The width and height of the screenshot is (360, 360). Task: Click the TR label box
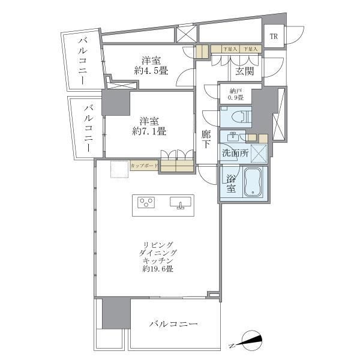click(273, 37)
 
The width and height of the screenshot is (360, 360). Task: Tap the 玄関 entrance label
click(244, 72)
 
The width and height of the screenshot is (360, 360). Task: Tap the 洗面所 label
click(235, 153)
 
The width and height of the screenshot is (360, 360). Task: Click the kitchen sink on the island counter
click(180, 203)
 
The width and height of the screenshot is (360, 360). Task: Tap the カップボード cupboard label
click(144, 165)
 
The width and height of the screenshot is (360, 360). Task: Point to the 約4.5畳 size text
click(151, 71)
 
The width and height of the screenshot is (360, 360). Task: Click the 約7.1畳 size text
click(149, 130)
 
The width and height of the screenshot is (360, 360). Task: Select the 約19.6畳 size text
click(158, 270)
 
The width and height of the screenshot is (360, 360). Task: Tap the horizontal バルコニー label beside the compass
click(174, 324)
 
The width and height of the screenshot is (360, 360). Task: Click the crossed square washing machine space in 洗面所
click(259, 153)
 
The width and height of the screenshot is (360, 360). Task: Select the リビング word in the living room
click(158, 245)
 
